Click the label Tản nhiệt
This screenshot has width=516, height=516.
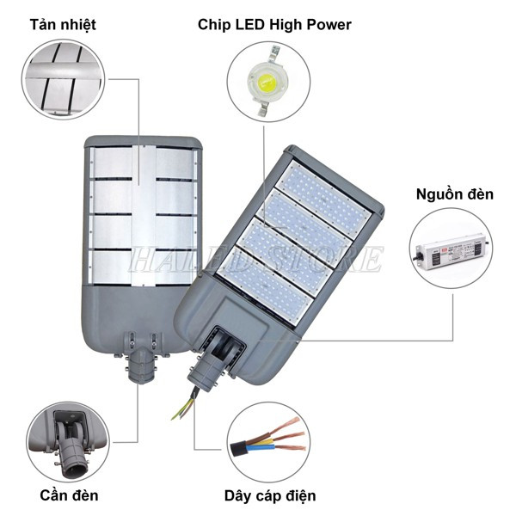point(63,24)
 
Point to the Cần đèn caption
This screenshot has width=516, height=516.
point(69,495)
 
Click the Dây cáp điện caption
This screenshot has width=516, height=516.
point(270,495)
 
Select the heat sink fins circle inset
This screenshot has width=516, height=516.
point(63,79)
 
